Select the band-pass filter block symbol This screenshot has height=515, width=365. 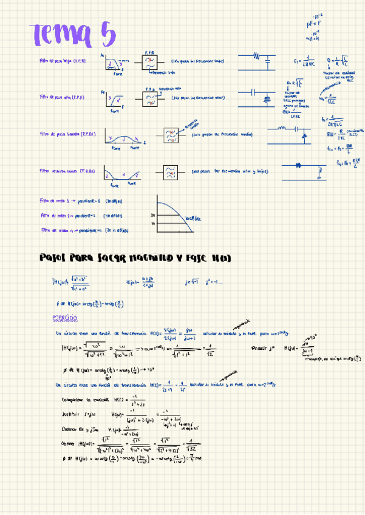point(172,135)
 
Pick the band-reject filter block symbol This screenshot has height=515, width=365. point(170,172)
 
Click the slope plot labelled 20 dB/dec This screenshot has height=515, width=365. point(175,216)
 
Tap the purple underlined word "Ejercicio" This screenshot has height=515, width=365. point(65,318)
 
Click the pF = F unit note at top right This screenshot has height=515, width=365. point(314,24)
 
